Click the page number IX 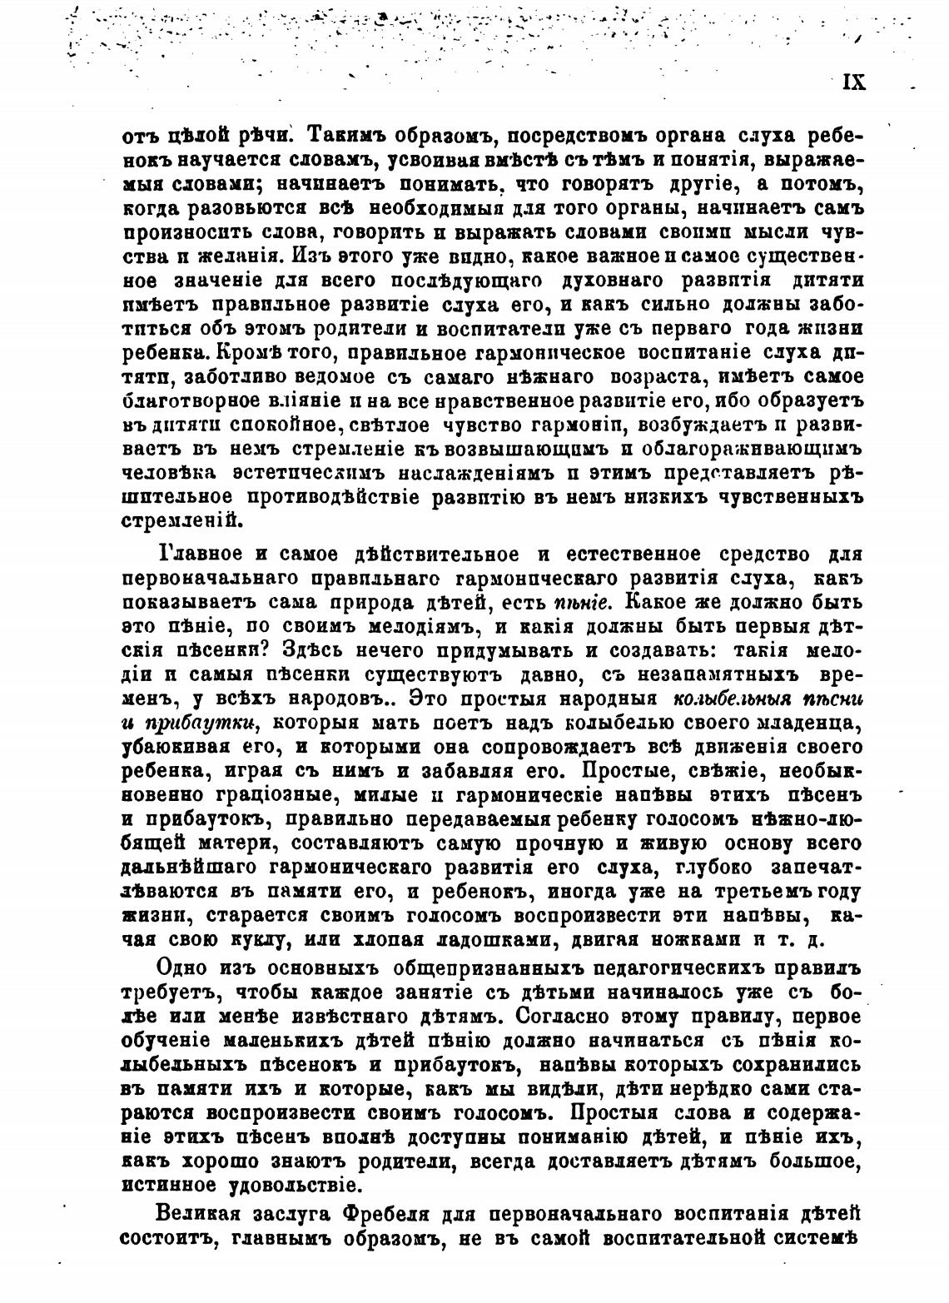point(854,82)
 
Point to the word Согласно point(575,1016)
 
